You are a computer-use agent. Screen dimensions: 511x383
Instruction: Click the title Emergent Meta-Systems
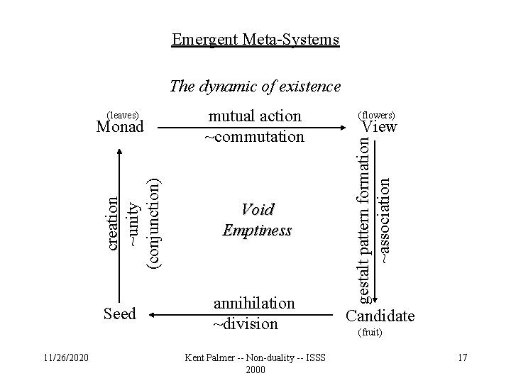click(x=255, y=39)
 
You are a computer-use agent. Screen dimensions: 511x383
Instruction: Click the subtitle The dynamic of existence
click(x=255, y=87)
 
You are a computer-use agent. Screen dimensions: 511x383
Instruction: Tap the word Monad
click(x=120, y=127)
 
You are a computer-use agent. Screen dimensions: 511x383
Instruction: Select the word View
click(x=380, y=127)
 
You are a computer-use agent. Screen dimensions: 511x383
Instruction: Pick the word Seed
click(x=119, y=313)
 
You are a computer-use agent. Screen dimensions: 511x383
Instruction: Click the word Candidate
click(x=380, y=315)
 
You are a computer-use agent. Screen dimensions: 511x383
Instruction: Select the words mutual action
click(x=254, y=116)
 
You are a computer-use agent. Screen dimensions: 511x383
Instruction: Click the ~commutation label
click(x=254, y=135)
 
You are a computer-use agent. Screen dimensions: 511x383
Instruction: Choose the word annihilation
click(x=253, y=304)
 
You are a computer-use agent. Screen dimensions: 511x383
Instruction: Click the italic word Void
click(x=257, y=210)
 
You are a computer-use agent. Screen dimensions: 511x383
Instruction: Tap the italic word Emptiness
click(x=257, y=231)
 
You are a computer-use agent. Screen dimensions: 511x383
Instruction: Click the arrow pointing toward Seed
click(x=175, y=313)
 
